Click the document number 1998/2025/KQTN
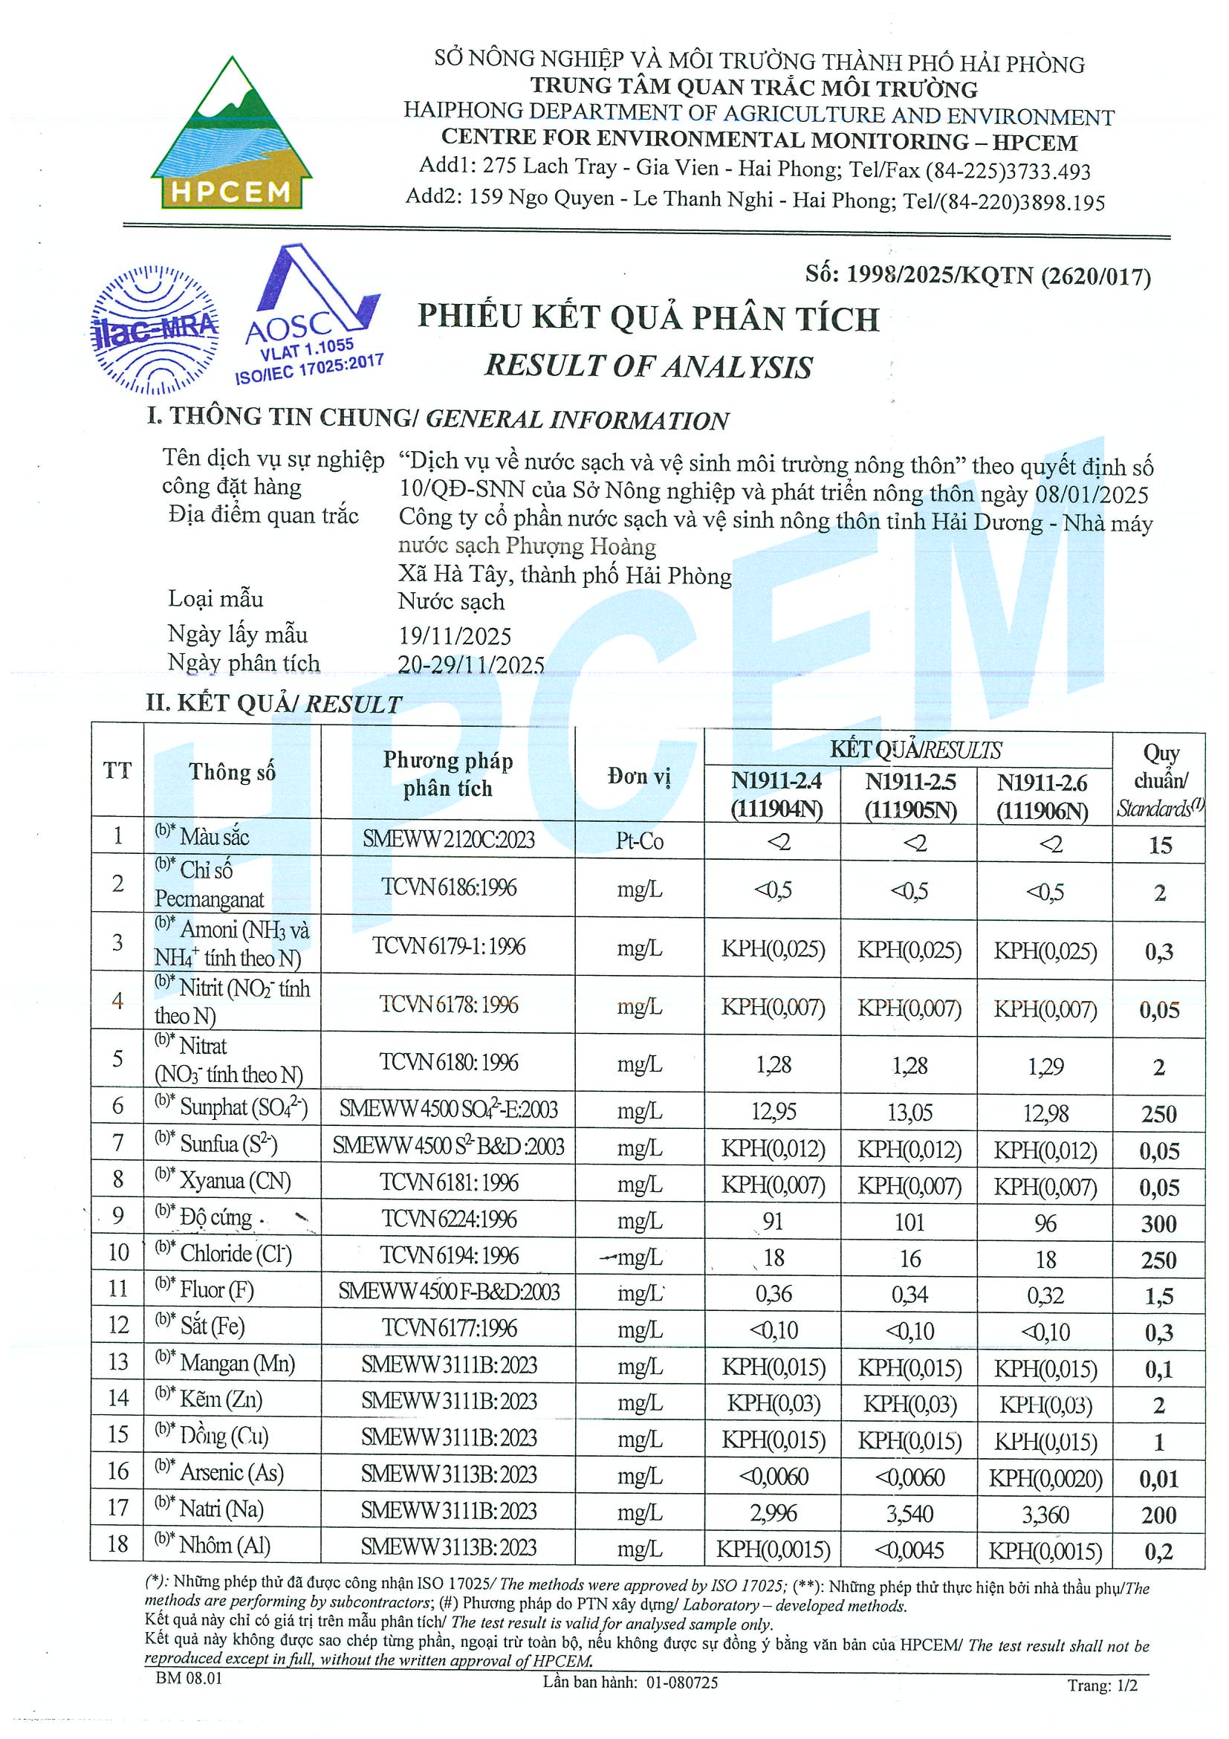tap(978, 276)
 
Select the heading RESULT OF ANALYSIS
tap(648, 366)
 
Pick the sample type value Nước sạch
tap(451, 601)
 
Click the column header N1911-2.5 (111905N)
tap(910, 795)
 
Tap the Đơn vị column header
tap(639, 776)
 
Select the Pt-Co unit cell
tap(639, 841)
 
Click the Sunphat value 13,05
tap(910, 1112)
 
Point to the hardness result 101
tap(909, 1222)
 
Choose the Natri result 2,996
tap(774, 1512)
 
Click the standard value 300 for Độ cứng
tap(1158, 1223)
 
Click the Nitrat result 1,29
tap(1045, 1066)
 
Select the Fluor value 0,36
tap(774, 1294)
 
